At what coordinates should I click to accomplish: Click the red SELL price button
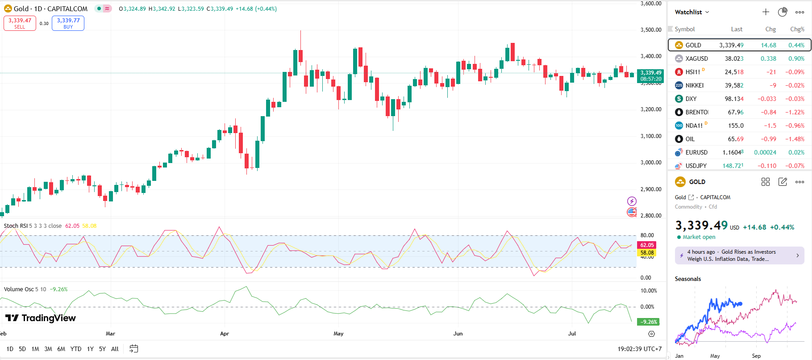pos(20,23)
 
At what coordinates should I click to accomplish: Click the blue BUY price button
pos(68,23)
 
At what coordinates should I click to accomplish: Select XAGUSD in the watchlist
pos(696,59)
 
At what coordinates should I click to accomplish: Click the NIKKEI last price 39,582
pos(734,85)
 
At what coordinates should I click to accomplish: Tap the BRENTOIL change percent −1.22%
pos(795,112)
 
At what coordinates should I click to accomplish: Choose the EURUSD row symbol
pos(696,152)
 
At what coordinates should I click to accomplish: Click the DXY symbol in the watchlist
pos(691,99)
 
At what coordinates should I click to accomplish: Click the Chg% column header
pos(797,29)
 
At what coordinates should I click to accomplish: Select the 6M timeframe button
pos(61,349)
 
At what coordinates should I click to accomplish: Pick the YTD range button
pos(76,349)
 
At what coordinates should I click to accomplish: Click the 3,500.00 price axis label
pos(651,30)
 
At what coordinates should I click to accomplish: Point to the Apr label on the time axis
pos(225,334)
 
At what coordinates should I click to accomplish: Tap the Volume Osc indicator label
pos(19,289)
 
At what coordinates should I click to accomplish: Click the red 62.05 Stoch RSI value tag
pos(647,245)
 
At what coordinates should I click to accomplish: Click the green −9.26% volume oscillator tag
pos(649,322)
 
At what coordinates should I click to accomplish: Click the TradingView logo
pos(41,318)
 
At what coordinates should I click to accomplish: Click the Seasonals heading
pos(687,279)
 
